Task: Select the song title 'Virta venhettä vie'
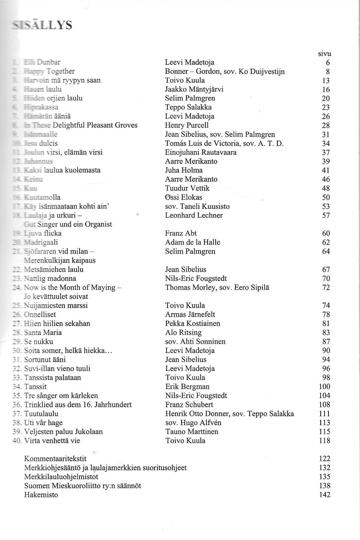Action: pyautogui.click(x=52, y=441)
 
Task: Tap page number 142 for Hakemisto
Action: pyautogui.click(x=325, y=495)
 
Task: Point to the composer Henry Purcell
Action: pyautogui.click(x=187, y=125)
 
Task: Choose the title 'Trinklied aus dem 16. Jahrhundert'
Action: pyautogui.click(x=78, y=405)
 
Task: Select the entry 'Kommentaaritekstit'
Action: pyautogui.click(x=55, y=459)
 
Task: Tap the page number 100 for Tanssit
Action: pyautogui.click(x=324, y=386)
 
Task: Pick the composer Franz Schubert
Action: pyautogui.click(x=189, y=405)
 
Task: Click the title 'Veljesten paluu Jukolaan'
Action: pyautogui.click(x=63, y=432)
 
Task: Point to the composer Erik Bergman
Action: pyautogui.click(x=187, y=386)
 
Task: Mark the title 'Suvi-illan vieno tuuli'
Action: pyautogui.click(x=57, y=368)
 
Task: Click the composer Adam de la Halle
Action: pyautogui.click(x=192, y=242)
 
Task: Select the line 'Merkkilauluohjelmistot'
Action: pyautogui.click(x=61, y=477)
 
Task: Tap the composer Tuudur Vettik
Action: pyautogui.click(x=187, y=188)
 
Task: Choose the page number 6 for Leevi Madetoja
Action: pyautogui.click(x=328, y=62)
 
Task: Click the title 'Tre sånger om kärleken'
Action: pyautogui.click(x=61, y=395)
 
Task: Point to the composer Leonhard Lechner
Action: pyautogui.click(x=194, y=215)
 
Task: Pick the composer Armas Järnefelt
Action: pyautogui.click(x=190, y=314)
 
